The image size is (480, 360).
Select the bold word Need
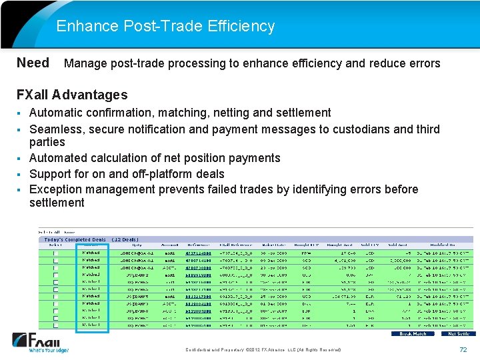click(x=33, y=63)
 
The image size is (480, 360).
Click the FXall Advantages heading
click(x=71, y=95)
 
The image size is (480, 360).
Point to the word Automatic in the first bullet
click(x=56, y=113)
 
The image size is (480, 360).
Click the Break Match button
click(x=413, y=333)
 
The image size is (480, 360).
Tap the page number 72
click(x=463, y=350)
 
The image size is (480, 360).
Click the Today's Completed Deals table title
click(x=75, y=239)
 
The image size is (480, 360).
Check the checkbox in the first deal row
click(x=56, y=253)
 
